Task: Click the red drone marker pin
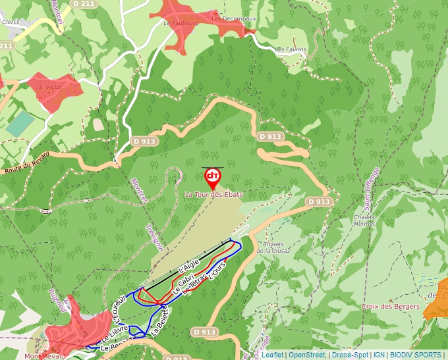[212, 177]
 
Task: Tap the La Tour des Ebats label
[213, 195]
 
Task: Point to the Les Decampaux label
[233, 19]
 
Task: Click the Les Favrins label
[290, 49]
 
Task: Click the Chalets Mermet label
[364, 220]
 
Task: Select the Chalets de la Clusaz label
[273, 247]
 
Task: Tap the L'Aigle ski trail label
[188, 265]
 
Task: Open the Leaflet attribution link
[272, 355]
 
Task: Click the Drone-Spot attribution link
[350, 355]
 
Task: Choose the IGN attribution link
[379, 355]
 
